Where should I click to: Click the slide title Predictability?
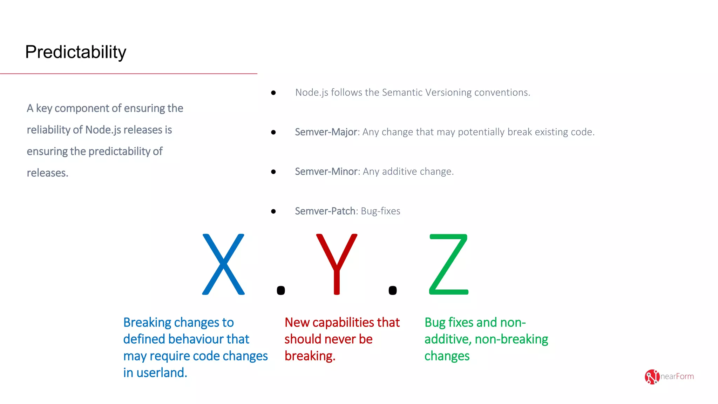75,52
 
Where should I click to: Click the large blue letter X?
223,264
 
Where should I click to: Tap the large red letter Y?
337,264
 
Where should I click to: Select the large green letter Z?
449,264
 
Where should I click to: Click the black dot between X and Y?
281,290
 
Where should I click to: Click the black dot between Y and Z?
393,290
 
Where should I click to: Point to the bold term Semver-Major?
326,132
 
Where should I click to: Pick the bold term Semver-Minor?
326,171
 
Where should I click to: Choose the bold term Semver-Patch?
325,211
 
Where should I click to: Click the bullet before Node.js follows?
273,93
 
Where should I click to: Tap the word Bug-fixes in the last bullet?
380,211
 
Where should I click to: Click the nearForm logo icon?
652,377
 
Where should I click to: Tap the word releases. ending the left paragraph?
47,173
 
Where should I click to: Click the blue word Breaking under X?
147,322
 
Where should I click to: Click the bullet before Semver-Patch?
273,211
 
